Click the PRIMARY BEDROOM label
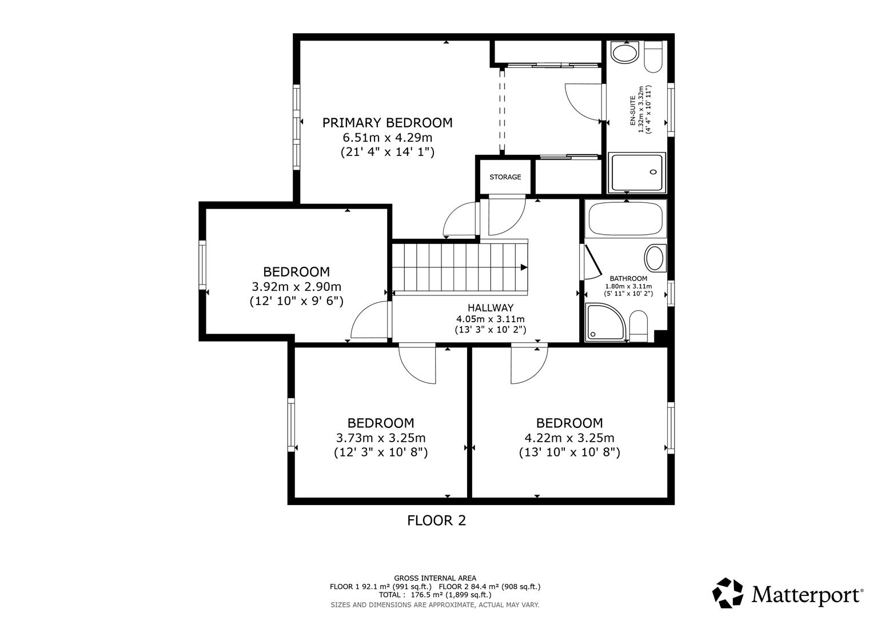387,123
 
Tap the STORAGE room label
505,177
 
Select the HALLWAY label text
490,308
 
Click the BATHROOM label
628,279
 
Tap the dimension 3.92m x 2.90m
296,287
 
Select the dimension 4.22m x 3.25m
569,438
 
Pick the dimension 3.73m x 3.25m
381,438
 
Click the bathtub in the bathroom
625,218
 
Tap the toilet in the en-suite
653,57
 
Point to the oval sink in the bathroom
655,258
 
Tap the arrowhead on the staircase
524,267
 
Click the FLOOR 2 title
436,520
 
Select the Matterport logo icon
728,593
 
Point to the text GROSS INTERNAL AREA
434,578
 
